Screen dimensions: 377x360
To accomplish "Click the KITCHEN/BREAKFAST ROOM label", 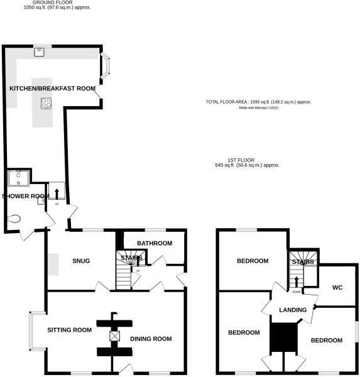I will (52, 89).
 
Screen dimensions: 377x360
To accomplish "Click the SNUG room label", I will (82, 261).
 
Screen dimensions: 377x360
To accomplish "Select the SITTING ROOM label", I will (70, 329).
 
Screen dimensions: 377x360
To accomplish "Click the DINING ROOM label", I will (151, 339).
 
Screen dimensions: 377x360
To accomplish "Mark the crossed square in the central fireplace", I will (114, 336).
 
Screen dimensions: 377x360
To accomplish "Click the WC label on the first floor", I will (337, 287).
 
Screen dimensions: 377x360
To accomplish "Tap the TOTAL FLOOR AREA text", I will (258, 102).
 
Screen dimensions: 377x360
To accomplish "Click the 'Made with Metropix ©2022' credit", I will (258, 107).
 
